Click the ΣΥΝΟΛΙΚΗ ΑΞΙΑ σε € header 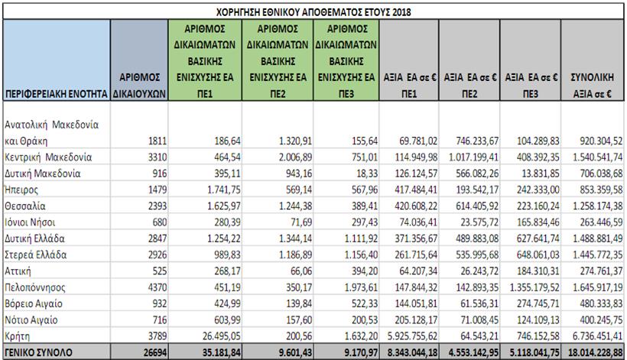[591, 83]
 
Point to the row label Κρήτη [21, 335]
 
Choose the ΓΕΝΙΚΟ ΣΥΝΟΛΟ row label [39, 351]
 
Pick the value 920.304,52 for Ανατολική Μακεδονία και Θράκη [593, 141]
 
